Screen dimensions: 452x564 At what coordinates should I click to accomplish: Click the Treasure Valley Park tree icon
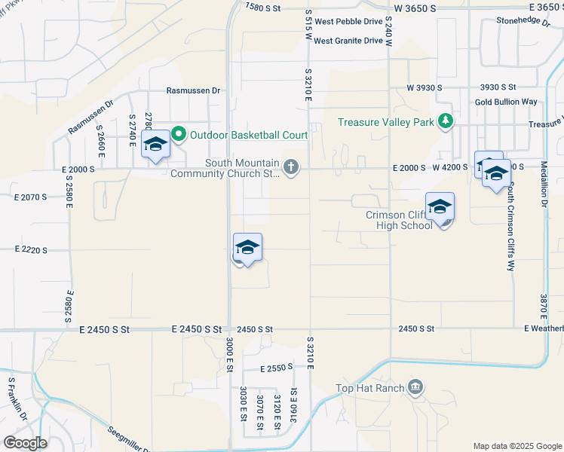tap(446, 121)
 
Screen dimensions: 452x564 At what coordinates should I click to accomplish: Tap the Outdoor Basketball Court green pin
tap(179, 135)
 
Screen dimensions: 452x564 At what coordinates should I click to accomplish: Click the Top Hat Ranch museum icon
tap(415, 388)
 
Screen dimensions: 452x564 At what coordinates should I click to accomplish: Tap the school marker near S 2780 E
tap(155, 145)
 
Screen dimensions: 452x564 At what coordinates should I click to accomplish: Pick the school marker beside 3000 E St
tap(247, 248)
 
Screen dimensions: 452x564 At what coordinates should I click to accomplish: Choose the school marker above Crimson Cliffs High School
tap(440, 206)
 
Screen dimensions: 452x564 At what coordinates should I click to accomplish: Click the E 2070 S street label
tap(30, 197)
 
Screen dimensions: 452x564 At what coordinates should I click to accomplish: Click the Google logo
tap(24, 443)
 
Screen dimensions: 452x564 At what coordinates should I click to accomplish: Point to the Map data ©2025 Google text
tap(516, 446)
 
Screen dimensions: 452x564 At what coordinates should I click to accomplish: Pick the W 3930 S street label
tap(424, 88)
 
